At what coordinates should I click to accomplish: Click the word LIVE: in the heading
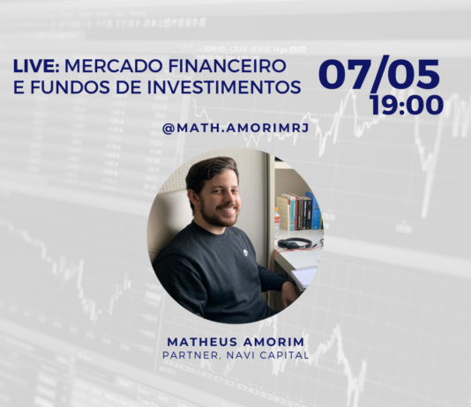point(36,66)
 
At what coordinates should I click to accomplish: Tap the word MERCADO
point(114,66)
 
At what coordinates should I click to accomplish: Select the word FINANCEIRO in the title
point(227,66)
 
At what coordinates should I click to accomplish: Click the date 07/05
point(379,74)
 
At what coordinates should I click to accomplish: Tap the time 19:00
point(407,105)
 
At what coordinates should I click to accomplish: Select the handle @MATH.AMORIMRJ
point(235,129)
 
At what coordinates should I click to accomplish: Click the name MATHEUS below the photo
point(202,342)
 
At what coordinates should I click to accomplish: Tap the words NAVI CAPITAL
point(267,355)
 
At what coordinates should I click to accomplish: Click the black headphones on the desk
point(295,243)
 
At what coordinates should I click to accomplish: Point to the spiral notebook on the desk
point(304,276)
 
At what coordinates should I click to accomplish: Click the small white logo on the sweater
point(246,253)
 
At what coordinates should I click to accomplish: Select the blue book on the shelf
point(315,211)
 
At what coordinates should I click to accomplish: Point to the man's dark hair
point(209,173)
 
